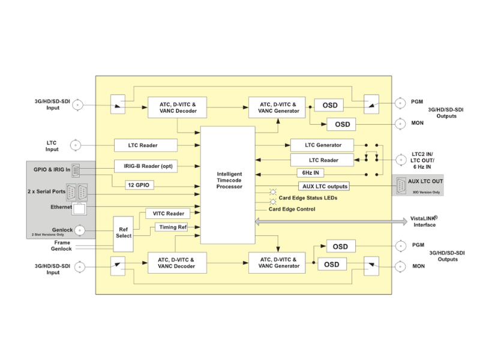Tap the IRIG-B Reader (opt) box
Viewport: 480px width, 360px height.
(x=146, y=166)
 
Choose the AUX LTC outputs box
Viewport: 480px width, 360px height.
(x=323, y=186)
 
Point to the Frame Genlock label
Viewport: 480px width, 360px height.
(x=62, y=245)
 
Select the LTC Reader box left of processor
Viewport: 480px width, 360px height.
(x=146, y=145)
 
